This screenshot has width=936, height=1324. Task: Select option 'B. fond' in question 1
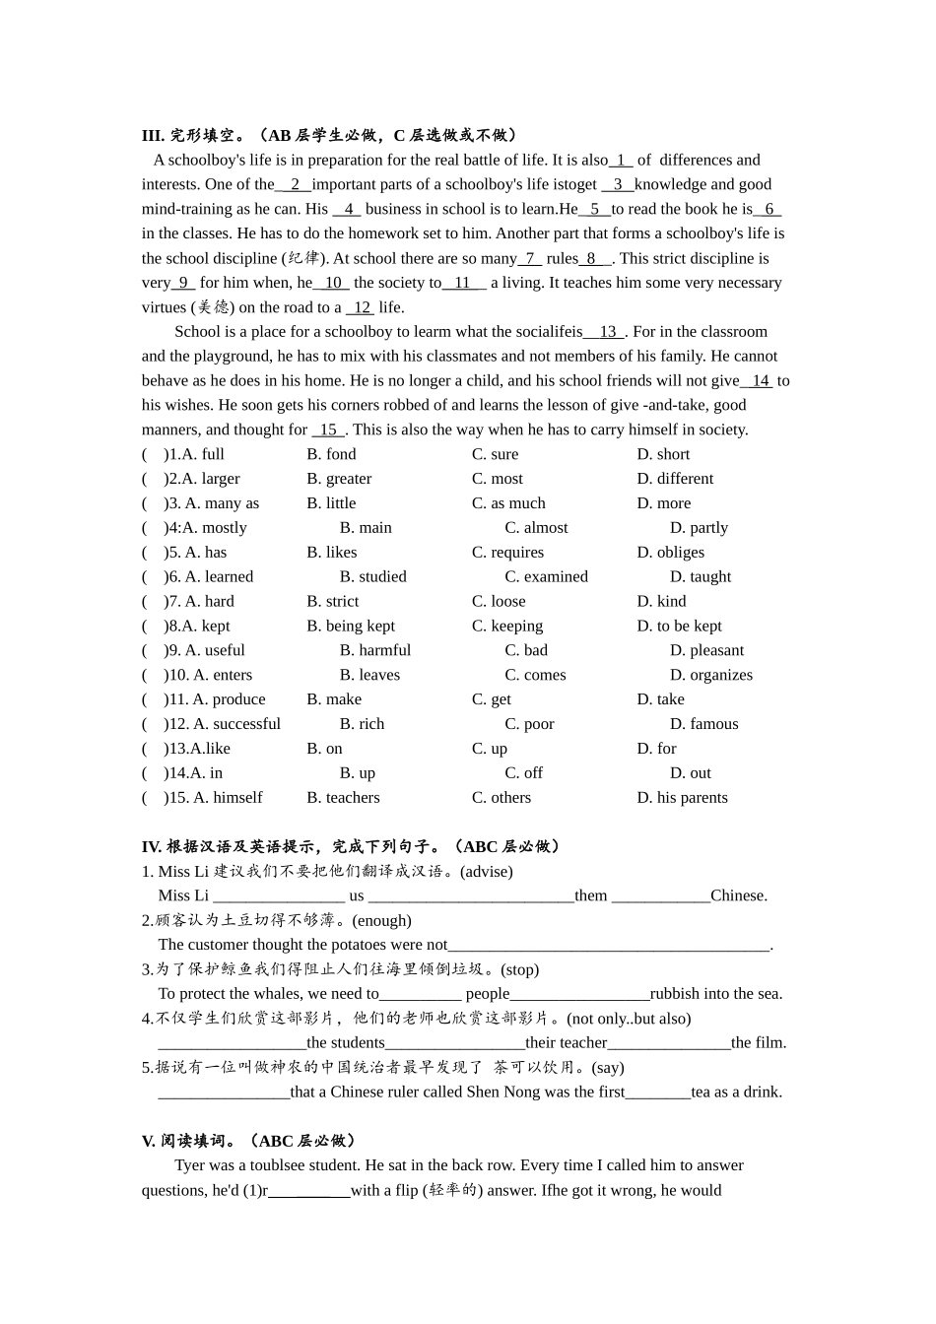click(x=331, y=454)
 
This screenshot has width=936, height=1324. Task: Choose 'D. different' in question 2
click(x=675, y=479)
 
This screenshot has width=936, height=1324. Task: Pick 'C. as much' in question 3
click(x=508, y=503)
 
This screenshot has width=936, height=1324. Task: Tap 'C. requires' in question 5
click(x=507, y=553)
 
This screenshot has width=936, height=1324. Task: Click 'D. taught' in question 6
click(x=701, y=577)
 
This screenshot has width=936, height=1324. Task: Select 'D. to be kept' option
click(x=679, y=626)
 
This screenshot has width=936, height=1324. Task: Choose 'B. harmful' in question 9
click(x=375, y=650)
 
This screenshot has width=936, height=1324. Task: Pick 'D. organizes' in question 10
click(x=711, y=675)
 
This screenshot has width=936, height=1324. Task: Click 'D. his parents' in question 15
click(x=682, y=798)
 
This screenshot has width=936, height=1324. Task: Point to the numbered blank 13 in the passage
click(x=606, y=332)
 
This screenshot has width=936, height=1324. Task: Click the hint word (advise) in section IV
click(x=487, y=871)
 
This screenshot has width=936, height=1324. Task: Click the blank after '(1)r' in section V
click(x=309, y=1190)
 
